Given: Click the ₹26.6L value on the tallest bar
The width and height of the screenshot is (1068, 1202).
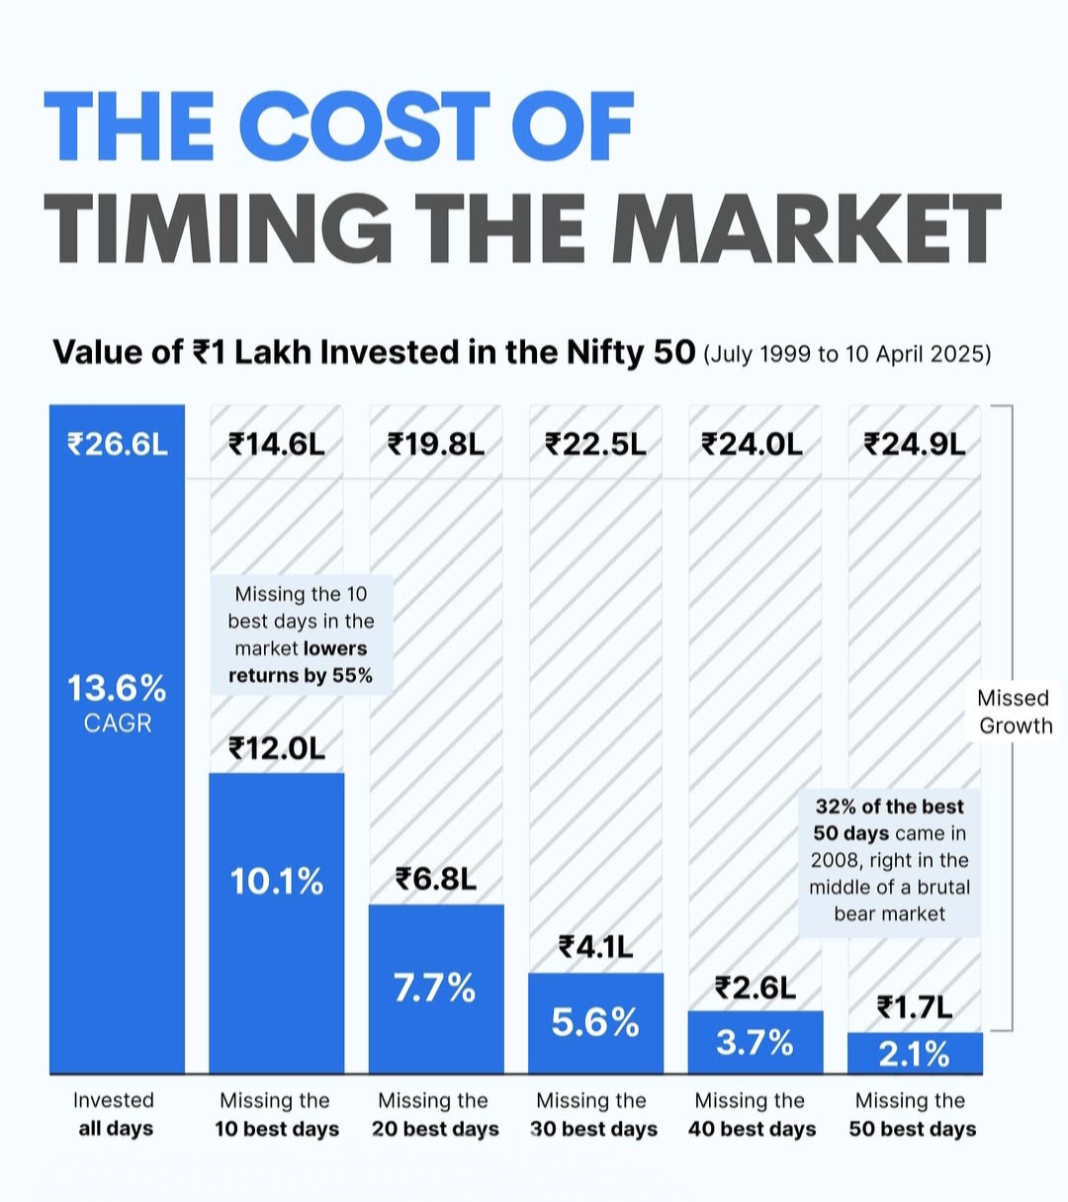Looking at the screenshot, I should click(118, 445).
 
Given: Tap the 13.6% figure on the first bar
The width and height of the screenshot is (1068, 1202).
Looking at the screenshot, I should click(117, 688).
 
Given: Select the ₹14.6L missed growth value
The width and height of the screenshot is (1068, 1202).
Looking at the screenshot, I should click(277, 445).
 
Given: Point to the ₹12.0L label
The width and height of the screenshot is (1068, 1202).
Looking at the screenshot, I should click(277, 748).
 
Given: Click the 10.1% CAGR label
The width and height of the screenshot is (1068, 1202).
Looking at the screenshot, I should click(277, 881).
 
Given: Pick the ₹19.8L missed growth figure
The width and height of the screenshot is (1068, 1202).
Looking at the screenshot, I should click(436, 445).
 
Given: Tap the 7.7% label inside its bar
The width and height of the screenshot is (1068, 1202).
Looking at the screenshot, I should click(435, 987).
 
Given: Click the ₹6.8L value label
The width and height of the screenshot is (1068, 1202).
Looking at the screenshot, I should click(436, 879).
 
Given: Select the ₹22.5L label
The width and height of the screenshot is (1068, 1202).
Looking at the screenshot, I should click(595, 445).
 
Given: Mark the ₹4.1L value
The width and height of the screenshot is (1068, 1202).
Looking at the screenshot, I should click(595, 948).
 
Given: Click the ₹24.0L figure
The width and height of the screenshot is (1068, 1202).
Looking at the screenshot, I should click(754, 445).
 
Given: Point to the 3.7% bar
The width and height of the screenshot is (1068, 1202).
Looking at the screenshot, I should click(755, 1042).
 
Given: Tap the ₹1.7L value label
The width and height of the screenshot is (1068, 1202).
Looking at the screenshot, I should click(915, 1007).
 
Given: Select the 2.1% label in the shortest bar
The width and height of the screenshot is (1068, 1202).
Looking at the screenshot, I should click(915, 1054).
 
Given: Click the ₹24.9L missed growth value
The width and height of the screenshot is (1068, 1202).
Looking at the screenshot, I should click(915, 445).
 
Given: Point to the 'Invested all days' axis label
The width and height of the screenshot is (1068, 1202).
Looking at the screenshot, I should click(115, 1115).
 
